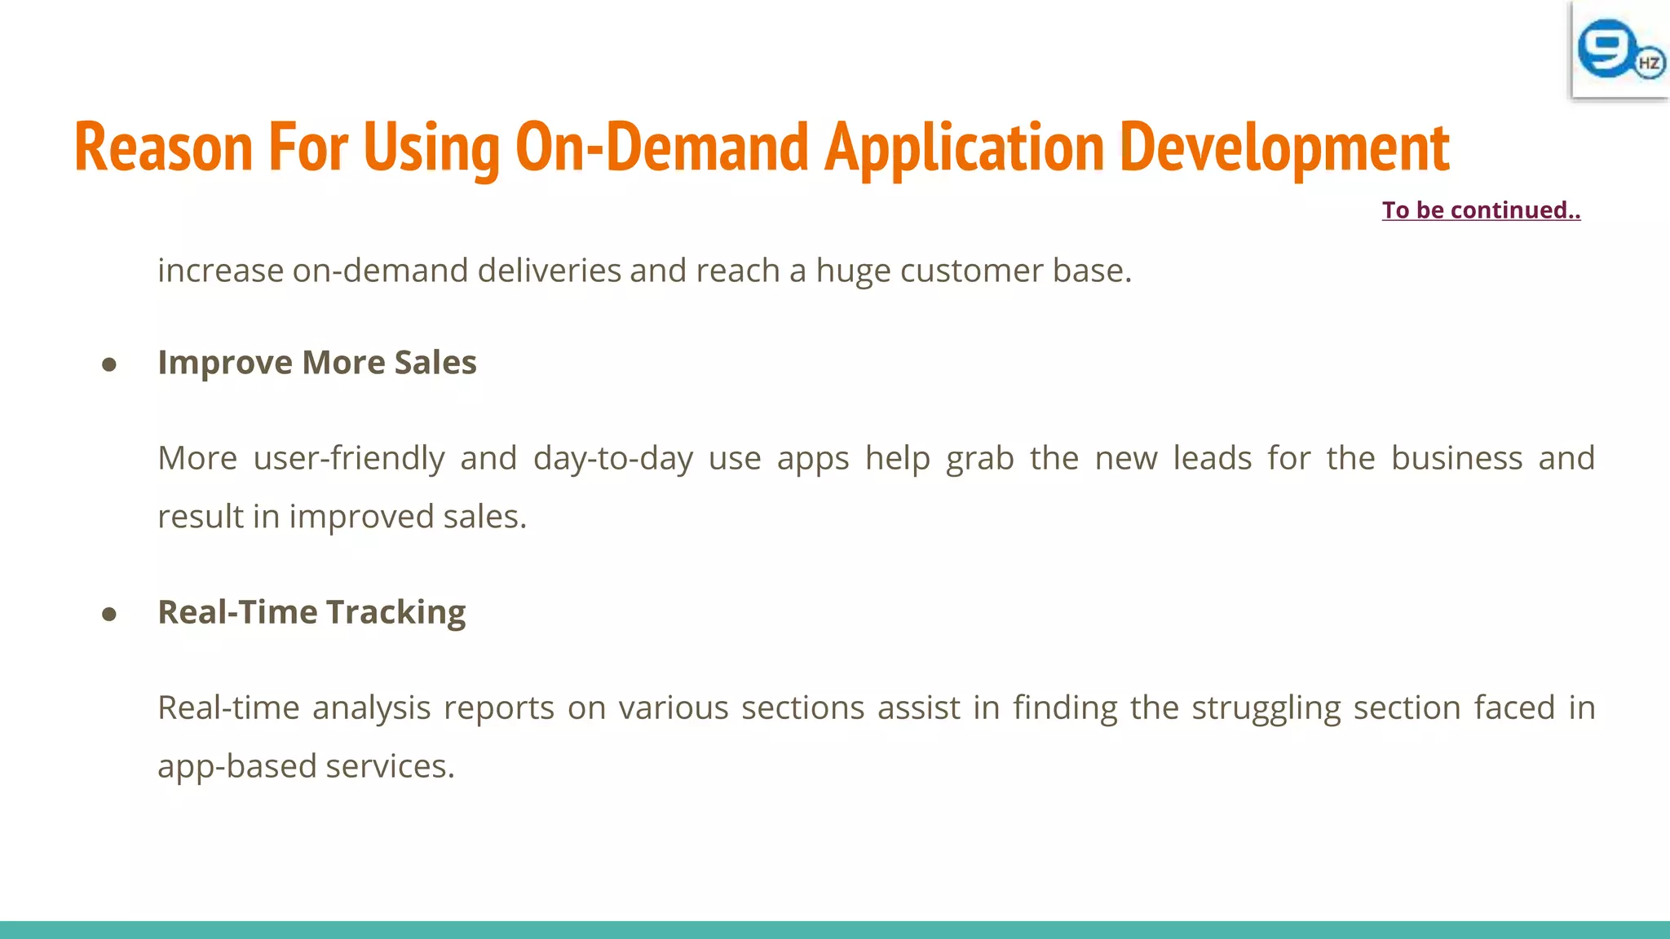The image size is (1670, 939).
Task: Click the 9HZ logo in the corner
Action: tap(1619, 50)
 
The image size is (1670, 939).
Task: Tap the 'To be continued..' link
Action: tap(1481, 210)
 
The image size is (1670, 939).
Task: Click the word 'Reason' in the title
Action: tap(163, 148)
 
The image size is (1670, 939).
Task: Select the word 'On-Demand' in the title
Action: tap(661, 148)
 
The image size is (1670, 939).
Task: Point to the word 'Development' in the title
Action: tap(1284, 148)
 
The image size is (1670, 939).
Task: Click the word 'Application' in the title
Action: tap(964, 148)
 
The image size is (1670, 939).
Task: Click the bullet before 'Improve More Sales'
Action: tap(109, 365)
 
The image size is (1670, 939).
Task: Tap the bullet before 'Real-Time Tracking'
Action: tap(109, 615)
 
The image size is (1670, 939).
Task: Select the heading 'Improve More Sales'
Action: tap(317, 363)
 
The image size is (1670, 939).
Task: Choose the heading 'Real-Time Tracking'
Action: tap(311, 612)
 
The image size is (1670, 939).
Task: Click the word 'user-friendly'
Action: tap(349, 458)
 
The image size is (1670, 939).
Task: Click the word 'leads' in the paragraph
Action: tap(1212, 458)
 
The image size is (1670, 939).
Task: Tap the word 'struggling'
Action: tap(1266, 708)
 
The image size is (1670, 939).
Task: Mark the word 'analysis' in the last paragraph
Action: tap(371, 708)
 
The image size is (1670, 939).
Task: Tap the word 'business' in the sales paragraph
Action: tap(1456, 458)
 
